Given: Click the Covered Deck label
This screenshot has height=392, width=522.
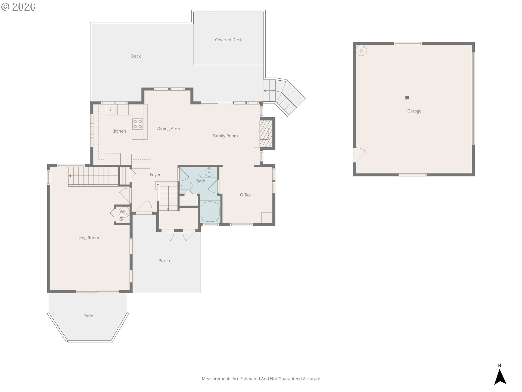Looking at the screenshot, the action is pyautogui.click(x=228, y=40).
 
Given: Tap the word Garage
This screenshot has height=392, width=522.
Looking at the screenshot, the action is pyautogui.click(x=414, y=111).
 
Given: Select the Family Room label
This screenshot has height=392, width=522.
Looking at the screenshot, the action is pyautogui.click(x=225, y=136).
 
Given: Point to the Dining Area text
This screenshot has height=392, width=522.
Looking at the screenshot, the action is pyautogui.click(x=168, y=128).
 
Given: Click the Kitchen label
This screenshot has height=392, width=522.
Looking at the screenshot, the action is pyautogui.click(x=119, y=131).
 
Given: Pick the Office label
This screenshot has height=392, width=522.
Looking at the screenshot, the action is pyautogui.click(x=246, y=195).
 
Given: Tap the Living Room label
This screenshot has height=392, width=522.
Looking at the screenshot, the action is pyautogui.click(x=87, y=238).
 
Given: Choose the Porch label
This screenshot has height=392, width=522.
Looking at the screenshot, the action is pyautogui.click(x=164, y=261).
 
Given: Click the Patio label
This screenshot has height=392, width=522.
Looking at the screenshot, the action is pyautogui.click(x=88, y=316).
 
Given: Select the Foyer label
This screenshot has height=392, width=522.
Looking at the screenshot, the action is pyautogui.click(x=155, y=175).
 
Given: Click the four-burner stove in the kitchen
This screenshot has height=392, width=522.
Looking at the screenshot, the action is pyautogui.click(x=138, y=124).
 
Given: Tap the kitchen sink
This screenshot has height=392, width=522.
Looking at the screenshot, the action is pyautogui.click(x=111, y=110).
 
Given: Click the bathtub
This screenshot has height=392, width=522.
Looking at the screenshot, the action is pyautogui.click(x=210, y=212).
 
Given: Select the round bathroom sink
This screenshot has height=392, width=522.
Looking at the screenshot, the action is pyautogui.click(x=209, y=172).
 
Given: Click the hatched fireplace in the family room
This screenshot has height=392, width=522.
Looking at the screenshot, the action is pyautogui.click(x=264, y=134).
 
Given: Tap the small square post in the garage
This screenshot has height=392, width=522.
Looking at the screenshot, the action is pyautogui.click(x=407, y=98).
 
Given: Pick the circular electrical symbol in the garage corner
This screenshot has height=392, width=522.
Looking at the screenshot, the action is pyautogui.click(x=362, y=50).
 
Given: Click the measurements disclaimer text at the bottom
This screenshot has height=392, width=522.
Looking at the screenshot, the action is pyautogui.click(x=261, y=379).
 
